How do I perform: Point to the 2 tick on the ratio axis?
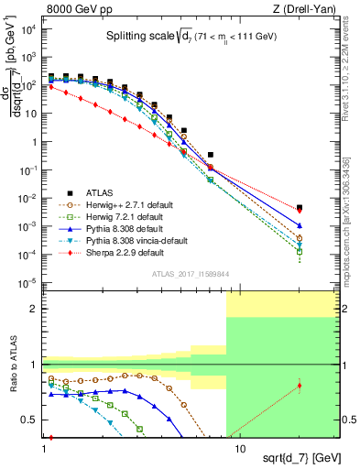click(36, 309)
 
